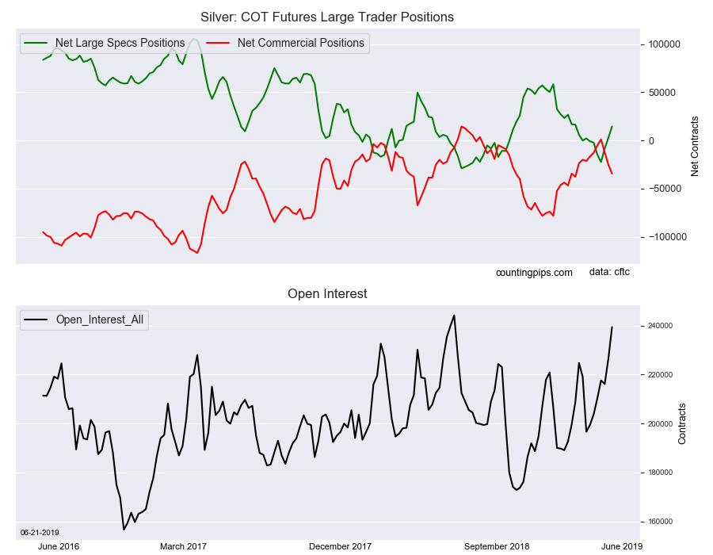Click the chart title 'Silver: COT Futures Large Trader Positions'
tap(327, 17)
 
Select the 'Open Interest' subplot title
tap(327, 294)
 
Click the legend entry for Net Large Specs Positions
tap(104, 43)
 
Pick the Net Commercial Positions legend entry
tap(285, 43)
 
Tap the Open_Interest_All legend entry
tap(84, 320)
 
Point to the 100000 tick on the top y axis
tap(665, 44)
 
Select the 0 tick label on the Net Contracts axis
tap(652, 141)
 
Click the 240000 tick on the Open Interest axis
tap(660, 326)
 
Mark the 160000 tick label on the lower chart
tap(660, 522)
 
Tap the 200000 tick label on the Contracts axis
tap(660, 424)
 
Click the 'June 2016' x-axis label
tap(58, 546)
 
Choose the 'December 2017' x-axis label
tap(340, 546)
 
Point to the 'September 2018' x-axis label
tap(497, 546)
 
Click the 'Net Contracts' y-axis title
tap(694, 147)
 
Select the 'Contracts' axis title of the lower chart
tap(681, 423)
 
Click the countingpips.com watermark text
tap(534, 273)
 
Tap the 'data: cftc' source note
tap(609, 272)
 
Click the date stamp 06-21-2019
tap(40, 533)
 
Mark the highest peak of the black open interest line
tap(454, 316)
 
